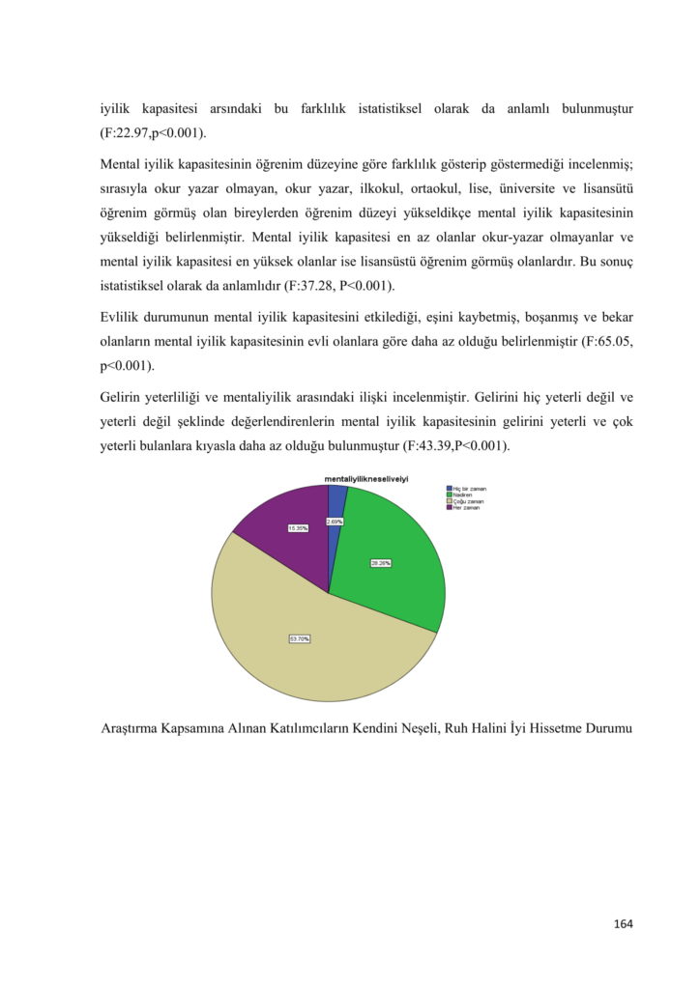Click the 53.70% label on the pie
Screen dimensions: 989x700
coord(300,638)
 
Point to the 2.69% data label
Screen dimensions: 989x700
coord(335,522)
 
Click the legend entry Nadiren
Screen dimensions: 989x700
coord(462,495)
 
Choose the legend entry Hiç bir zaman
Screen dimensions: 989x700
coord(469,489)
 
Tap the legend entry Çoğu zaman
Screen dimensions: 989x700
coord(468,502)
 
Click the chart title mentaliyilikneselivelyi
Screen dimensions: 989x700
coord(365,479)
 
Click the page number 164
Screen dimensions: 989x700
coord(623,924)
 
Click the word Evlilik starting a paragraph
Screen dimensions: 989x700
coord(122,318)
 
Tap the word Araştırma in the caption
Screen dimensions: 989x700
coord(133,728)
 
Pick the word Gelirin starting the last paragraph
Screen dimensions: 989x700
coord(123,397)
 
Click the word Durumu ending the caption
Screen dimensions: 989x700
coord(607,728)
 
